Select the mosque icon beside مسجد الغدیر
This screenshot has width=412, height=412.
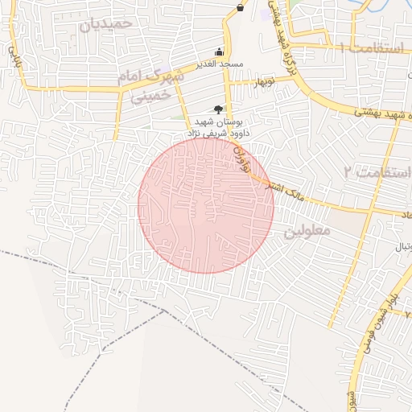220,51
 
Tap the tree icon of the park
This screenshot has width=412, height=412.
218,108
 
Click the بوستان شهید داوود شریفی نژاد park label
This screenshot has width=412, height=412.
218,126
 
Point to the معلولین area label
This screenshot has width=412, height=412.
307,232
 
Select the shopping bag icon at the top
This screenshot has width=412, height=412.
240,7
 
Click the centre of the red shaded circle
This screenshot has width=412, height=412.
206,206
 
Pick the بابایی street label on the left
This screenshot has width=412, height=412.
12,56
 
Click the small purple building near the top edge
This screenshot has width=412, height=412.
267,13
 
